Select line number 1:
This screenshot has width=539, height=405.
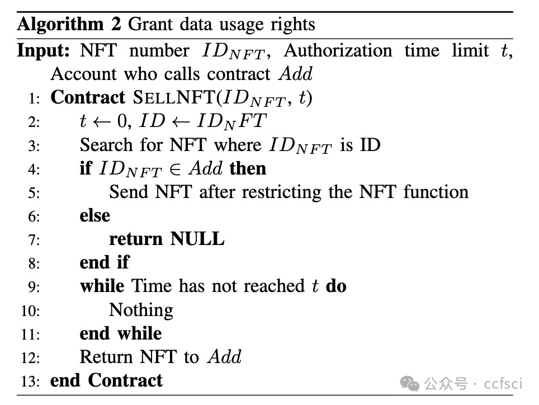[34, 99]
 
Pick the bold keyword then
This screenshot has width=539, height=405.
[248, 168]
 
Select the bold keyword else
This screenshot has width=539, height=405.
[95, 215]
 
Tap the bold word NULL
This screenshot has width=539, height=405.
[197, 239]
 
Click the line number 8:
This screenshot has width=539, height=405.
[34, 263]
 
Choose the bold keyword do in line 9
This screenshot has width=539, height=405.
[336, 286]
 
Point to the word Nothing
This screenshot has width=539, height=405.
[141, 310]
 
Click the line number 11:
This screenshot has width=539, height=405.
[31, 335]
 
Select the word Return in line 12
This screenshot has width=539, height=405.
[107, 357]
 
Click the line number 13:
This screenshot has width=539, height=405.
[31, 382]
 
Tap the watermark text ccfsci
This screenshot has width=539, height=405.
[503, 384]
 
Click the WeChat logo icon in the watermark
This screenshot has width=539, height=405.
[410, 384]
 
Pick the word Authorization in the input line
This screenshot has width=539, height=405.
[338, 51]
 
